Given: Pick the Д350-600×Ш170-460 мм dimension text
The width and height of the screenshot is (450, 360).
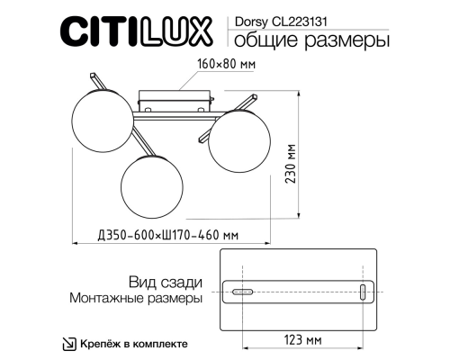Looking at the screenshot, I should (167, 236).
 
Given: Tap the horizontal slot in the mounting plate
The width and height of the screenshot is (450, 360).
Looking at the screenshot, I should (242, 292).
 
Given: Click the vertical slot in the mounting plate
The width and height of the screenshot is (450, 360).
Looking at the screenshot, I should (362, 292).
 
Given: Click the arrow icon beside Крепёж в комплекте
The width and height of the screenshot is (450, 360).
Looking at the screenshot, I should (68, 344).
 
